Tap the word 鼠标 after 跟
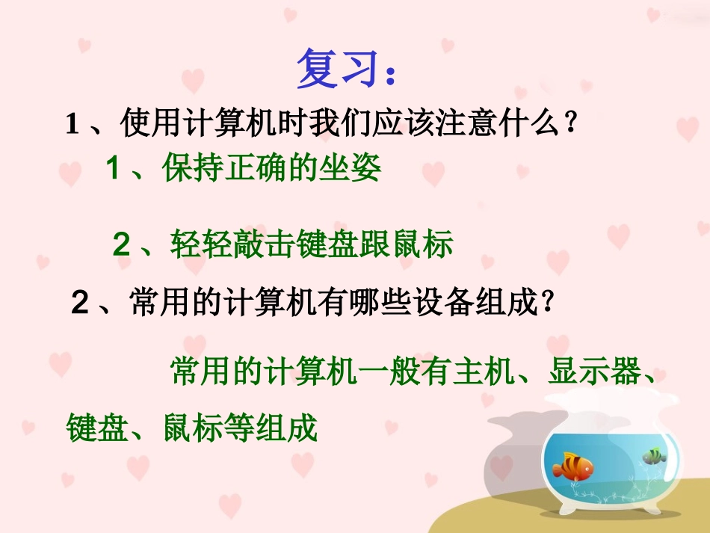click(x=429, y=244)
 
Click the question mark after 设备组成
click(x=548, y=303)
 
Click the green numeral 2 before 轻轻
click(x=121, y=245)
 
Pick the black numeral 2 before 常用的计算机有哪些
click(x=81, y=304)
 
